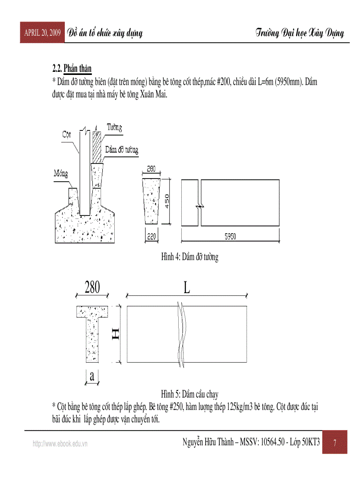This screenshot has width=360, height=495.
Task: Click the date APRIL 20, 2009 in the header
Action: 42,33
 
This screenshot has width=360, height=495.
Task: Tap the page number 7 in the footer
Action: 335,443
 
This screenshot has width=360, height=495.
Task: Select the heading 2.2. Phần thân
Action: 72,69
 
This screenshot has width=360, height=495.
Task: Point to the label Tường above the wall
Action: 114,127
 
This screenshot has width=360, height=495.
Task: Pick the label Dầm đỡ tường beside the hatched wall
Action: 121,150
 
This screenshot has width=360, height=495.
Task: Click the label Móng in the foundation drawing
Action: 61,173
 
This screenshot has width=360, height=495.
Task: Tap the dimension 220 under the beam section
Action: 151,237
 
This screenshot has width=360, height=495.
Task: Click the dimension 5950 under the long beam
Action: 230,237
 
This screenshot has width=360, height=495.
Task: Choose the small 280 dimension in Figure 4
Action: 151,169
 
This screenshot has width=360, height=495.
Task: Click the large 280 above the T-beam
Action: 92,287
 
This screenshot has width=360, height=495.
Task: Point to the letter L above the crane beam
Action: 187,288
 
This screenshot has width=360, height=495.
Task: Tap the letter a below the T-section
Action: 92,376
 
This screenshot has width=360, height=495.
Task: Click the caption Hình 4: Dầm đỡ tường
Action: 190,257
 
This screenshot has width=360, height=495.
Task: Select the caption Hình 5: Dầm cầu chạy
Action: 190,394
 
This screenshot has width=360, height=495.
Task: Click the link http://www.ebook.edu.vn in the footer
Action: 60,444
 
